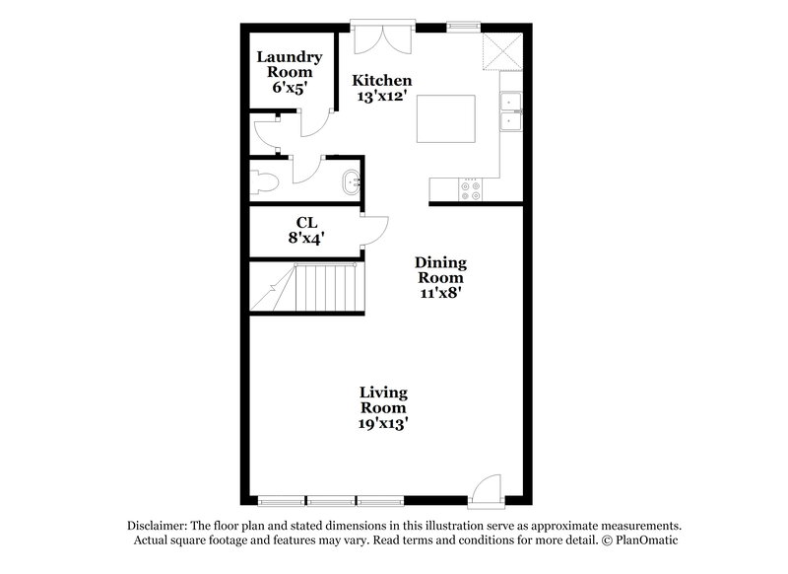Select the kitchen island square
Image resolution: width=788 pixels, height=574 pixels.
tap(447, 119)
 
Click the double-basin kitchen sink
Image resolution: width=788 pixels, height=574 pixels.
tap(510, 111)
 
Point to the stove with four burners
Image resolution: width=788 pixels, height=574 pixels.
tap(470, 189)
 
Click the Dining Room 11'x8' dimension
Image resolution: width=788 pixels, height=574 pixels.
tap(439, 292)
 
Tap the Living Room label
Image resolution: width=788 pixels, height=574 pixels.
tap(383, 400)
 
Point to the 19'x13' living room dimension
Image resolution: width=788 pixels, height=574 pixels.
tap(383, 423)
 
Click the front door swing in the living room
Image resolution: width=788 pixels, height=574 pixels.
tap(485, 491)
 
